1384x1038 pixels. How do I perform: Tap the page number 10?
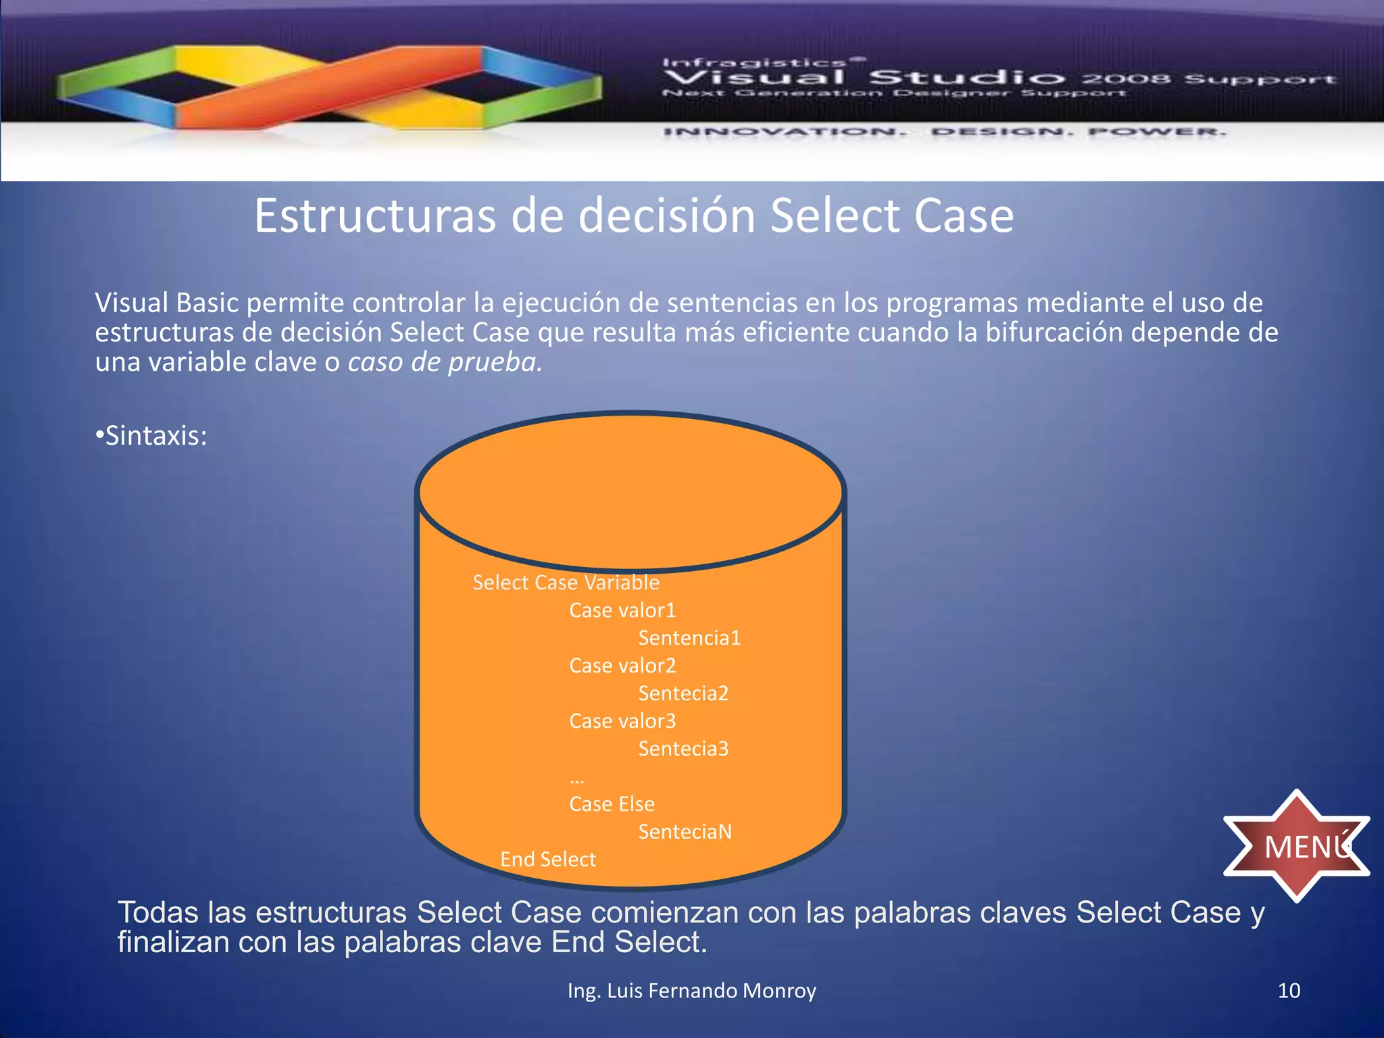(x=1289, y=991)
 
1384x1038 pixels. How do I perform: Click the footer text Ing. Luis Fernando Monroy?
(x=691, y=991)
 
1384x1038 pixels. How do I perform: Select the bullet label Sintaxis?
(x=151, y=436)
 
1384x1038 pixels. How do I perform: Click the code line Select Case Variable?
(x=566, y=583)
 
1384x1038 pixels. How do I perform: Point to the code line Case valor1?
(x=622, y=610)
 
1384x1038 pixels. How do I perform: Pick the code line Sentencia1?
(x=689, y=638)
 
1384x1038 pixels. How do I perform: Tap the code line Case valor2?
(x=622, y=666)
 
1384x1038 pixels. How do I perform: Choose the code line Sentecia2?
(x=683, y=693)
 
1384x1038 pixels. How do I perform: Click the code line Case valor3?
(x=622, y=721)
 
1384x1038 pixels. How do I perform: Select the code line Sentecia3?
(x=683, y=749)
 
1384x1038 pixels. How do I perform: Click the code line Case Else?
(x=612, y=804)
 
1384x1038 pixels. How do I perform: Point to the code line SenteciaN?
(x=685, y=832)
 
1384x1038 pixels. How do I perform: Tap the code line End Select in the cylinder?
(x=548, y=860)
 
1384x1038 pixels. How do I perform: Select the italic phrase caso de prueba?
(x=445, y=362)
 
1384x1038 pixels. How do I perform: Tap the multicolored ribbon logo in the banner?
(x=329, y=86)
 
